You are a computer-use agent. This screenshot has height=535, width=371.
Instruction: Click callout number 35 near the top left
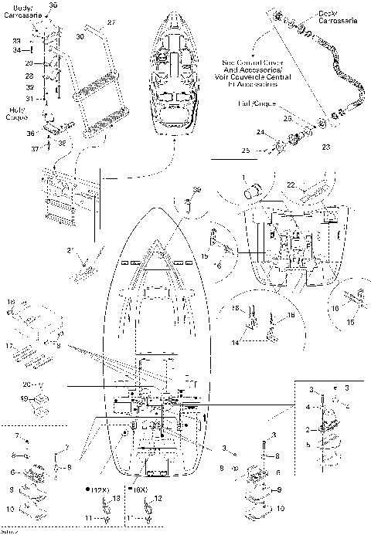click(x=53, y=5)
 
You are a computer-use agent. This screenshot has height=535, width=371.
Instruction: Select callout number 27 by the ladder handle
click(x=110, y=22)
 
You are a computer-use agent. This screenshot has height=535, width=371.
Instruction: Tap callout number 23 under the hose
click(x=325, y=146)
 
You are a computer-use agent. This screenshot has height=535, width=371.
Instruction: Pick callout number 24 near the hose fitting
click(x=260, y=134)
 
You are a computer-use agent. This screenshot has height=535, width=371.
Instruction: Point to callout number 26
click(x=286, y=119)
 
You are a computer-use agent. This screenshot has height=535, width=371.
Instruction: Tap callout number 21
click(x=69, y=251)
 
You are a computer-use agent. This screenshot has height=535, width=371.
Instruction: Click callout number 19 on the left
click(x=24, y=399)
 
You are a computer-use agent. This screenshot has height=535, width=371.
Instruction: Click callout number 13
click(x=118, y=499)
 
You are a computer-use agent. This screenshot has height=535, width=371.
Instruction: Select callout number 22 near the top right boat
click(x=291, y=185)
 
